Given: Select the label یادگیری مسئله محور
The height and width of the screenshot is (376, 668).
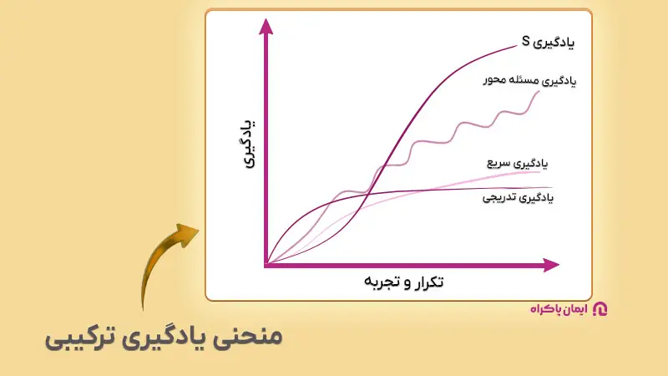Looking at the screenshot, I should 532,81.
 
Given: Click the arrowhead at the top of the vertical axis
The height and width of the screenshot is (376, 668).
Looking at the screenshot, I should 266,25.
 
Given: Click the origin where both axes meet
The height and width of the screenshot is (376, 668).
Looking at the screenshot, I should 266,266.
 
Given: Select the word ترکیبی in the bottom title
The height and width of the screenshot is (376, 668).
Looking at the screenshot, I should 79,338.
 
